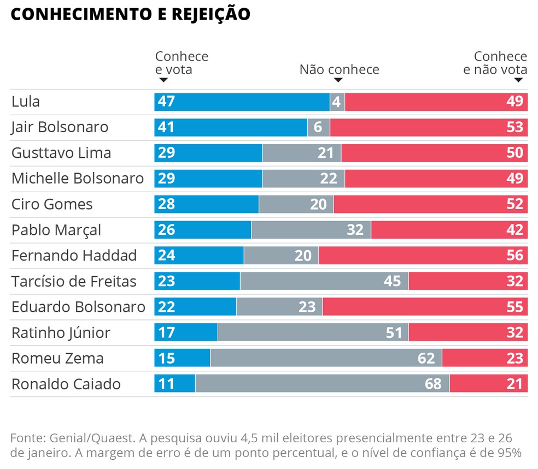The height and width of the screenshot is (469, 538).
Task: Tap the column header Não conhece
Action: (339, 70)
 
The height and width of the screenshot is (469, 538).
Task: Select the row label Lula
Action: (26, 102)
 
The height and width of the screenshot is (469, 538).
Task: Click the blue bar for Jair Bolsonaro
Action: (231, 127)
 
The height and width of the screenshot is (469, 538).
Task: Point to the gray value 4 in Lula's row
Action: (337, 102)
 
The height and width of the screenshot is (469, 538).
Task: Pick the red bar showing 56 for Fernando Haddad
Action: (423, 256)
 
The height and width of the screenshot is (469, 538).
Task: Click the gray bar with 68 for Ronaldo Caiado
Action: (322, 384)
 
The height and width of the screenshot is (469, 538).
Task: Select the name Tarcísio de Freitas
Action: (74, 281)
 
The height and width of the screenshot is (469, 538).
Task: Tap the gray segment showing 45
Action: (324, 281)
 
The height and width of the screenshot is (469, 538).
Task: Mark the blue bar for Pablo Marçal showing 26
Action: (202, 230)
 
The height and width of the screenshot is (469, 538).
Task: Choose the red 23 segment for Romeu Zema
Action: (485, 358)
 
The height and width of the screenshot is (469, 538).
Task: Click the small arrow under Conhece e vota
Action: (162, 80)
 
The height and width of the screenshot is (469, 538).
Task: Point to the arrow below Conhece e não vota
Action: (518, 80)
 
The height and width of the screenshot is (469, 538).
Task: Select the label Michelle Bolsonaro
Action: (78, 179)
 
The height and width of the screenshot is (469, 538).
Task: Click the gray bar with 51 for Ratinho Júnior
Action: (313, 333)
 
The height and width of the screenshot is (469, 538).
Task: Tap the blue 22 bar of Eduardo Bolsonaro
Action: (195, 307)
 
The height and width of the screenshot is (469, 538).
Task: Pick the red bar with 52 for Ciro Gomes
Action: (430, 204)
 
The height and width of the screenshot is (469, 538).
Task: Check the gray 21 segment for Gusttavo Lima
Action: (302, 153)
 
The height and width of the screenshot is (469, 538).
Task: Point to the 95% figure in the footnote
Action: (509, 453)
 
